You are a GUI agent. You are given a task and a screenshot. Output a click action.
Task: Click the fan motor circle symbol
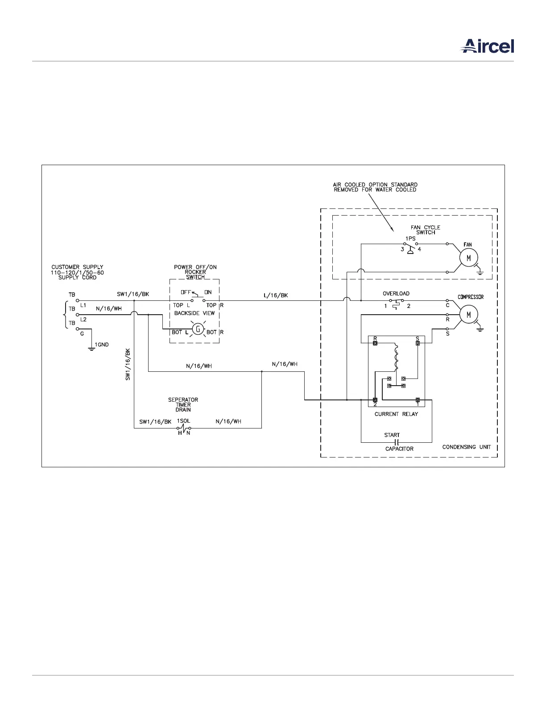click(x=468, y=258)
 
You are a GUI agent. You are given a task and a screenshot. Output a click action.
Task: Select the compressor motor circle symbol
click(x=468, y=315)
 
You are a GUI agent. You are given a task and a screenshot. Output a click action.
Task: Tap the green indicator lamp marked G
click(x=198, y=330)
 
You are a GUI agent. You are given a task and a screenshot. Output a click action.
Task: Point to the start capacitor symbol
click(x=396, y=442)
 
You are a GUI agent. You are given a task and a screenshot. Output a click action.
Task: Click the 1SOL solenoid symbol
click(x=184, y=428)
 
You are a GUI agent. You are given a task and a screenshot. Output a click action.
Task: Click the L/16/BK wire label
click(x=276, y=295)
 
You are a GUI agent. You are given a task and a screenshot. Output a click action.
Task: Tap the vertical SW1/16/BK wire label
click(x=128, y=364)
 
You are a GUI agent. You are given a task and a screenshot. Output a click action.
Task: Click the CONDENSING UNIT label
click(x=466, y=447)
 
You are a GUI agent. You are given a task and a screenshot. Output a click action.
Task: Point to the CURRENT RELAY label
click(x=396, y=414)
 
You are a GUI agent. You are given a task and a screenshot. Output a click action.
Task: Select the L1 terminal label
click(x=83, y=305)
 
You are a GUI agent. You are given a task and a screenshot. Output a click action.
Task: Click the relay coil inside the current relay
click(x=395, y=357)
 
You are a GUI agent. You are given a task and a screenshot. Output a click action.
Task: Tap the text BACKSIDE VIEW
click(x=194, y=313)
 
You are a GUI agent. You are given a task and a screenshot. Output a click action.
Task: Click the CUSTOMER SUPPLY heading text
click(x=77, y=267)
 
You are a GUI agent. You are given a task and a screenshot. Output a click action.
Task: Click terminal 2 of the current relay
click(x=375, y=399)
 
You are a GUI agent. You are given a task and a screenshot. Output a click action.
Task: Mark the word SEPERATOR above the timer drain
click(x=183, y=400)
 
